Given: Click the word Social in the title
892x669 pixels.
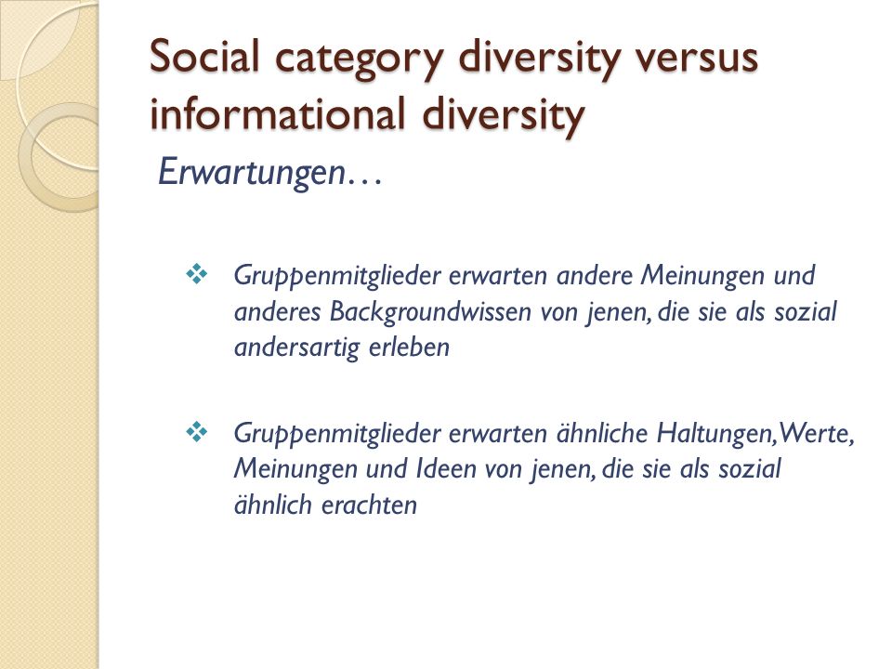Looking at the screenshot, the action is coord(204,56).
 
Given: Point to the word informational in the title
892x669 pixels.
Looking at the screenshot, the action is coord(278,113).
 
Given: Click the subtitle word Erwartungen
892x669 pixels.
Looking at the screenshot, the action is coord(252,173).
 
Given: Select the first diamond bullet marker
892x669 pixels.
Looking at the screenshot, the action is coord(197,274).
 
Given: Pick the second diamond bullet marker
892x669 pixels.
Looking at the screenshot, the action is coord(197,432).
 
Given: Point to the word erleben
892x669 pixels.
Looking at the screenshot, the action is coord(409,347).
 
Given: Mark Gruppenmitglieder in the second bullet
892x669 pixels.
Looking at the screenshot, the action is coord(337,435).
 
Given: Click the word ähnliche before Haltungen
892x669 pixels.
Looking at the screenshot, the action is coord(602,433).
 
